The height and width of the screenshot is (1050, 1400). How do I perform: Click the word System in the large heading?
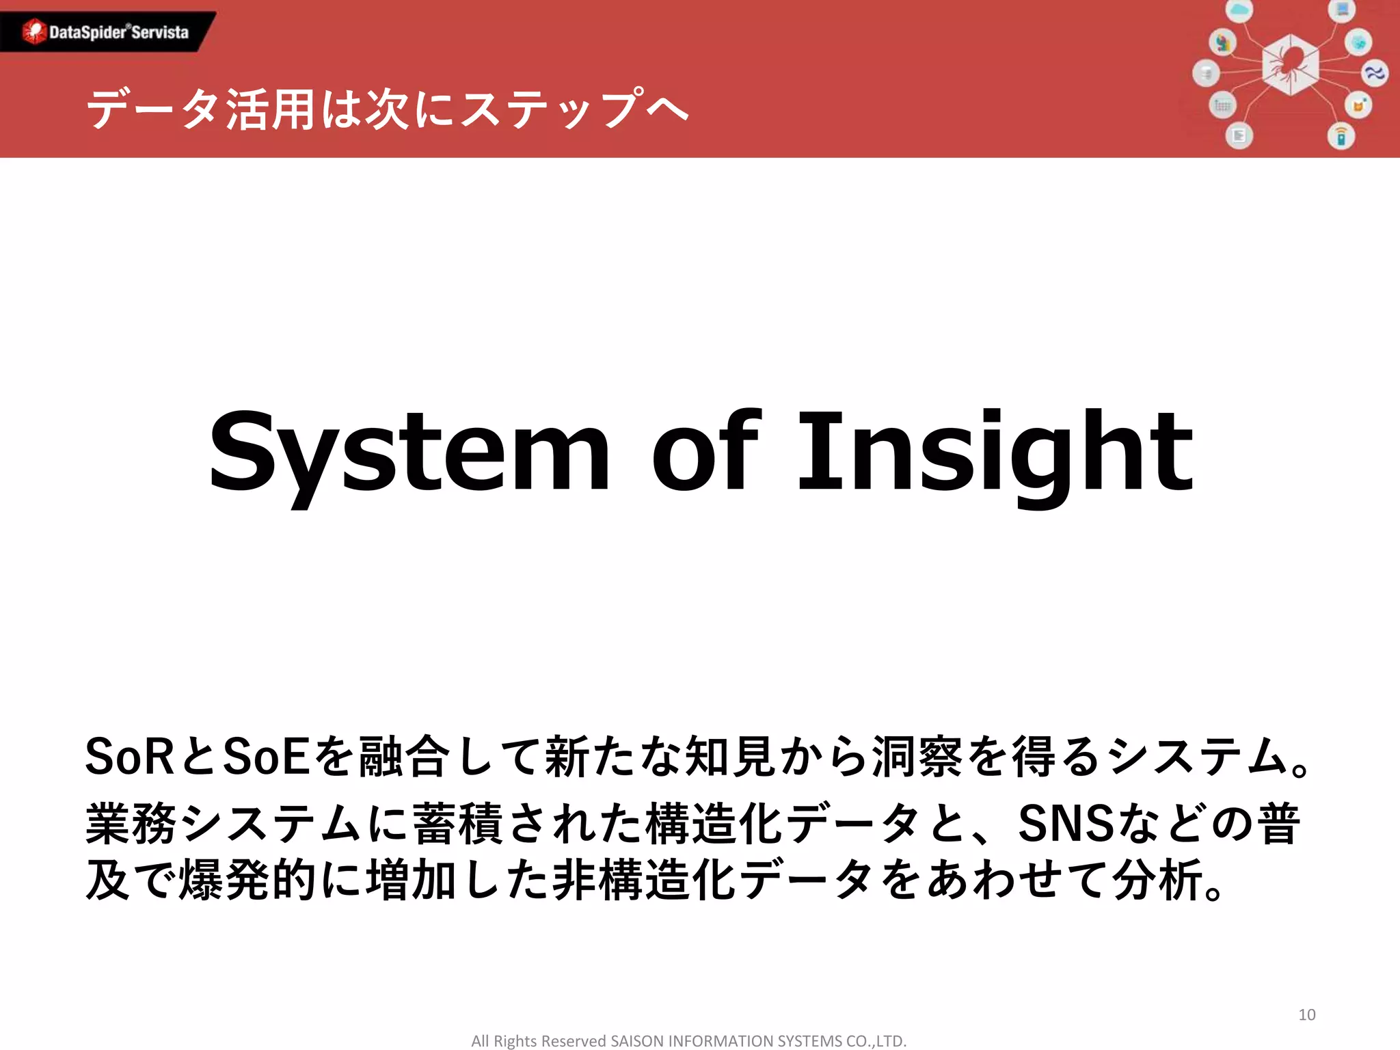[x=409, y=451]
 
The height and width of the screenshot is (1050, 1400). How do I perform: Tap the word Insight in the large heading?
[x=995, y=451]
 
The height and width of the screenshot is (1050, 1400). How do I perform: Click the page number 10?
[x=1306, y=1014]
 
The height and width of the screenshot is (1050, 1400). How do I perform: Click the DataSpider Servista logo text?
[x=119, y=32]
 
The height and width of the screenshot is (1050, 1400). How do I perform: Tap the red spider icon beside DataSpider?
[x=33, y=31]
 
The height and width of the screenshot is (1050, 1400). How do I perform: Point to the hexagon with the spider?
[x=1289, y=65]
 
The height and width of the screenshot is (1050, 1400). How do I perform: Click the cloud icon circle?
[x=1239, y=10]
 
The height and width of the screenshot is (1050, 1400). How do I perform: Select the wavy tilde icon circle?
[x=1374, y=72]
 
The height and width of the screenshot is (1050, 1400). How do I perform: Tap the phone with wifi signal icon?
[x=1341, y=136]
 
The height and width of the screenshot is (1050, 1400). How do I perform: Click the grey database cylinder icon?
[x=1206, y=73]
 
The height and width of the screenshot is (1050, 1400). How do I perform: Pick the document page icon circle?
[x=1239, y=136]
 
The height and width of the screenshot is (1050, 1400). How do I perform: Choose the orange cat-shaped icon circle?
[x=1358, y=106]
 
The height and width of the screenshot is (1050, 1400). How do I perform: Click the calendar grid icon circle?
[x=1222, y=105]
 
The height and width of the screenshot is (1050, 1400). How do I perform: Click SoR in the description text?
[x=129, y=757]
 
